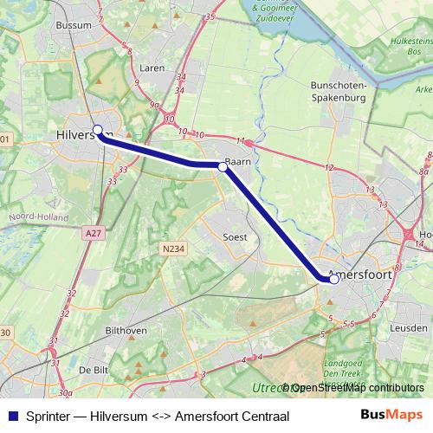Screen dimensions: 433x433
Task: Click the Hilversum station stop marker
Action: (98, 130)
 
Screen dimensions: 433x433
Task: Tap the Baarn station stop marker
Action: (223, 168)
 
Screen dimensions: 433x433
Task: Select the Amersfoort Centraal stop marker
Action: (334, 279)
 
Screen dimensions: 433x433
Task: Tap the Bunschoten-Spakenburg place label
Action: (339, 92)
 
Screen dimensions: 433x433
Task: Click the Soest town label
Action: (235, 236)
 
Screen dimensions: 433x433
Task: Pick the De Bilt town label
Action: (94, 369)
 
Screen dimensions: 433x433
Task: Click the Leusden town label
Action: (407, 329)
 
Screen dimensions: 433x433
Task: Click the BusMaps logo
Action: (391, 414)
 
